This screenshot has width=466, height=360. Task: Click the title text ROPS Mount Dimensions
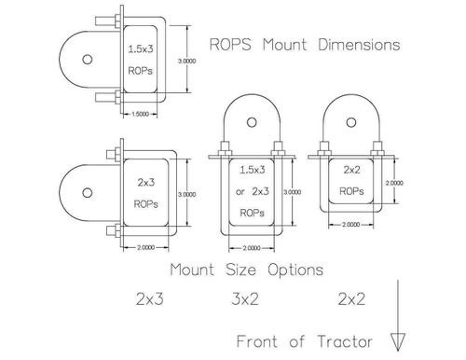(307, 44)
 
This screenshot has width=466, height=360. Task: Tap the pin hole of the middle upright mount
(253, 120)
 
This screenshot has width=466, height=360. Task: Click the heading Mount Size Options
(246, 270)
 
